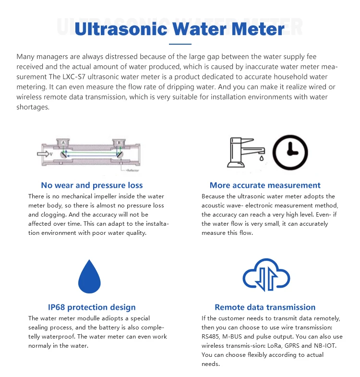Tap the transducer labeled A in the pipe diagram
click(62, 143)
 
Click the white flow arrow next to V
click(45, 154)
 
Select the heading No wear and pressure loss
click(92, 185)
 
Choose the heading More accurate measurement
click(265, 185)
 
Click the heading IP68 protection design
click(92, 307)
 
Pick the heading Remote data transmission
click(265, 307)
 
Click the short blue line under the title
click(180, 44)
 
